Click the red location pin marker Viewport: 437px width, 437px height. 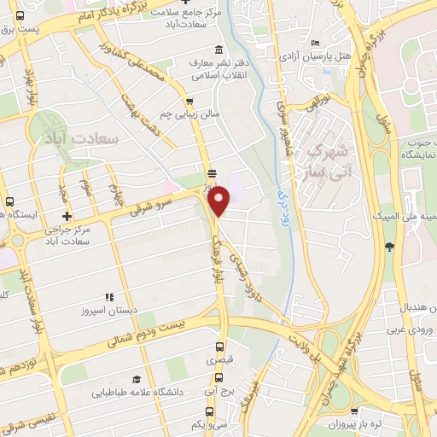tap(219, 201)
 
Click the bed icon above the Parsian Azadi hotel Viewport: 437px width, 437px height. tap(315, 44)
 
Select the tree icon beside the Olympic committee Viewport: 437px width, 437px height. tap(389, 248)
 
